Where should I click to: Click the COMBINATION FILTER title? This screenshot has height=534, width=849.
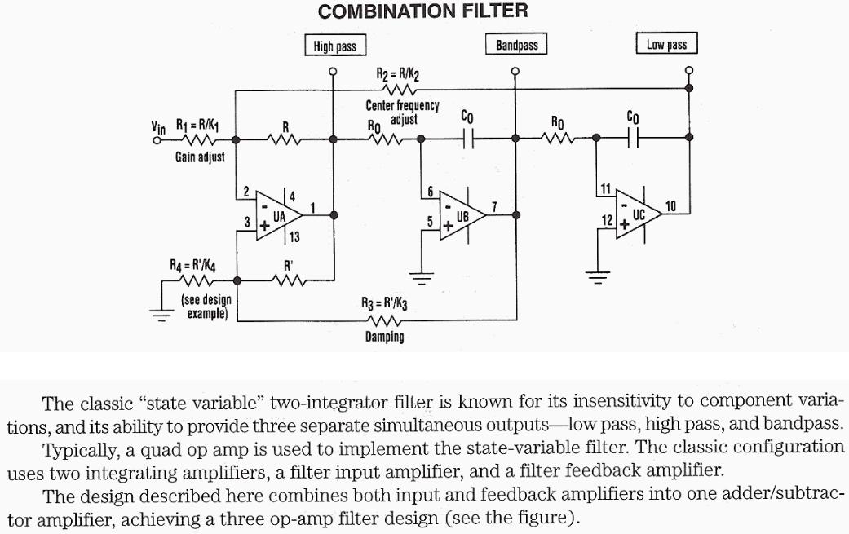[422, 11]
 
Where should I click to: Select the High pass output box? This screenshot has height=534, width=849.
[334, 46]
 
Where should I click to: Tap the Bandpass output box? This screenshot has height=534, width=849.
[516, 45]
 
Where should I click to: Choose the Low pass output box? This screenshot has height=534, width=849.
[666, 45]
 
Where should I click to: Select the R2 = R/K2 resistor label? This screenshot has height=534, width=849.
[398, 74]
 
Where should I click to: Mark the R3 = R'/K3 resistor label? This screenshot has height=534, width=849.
[383, 303]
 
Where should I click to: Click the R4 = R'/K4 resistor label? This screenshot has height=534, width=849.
[192, 265]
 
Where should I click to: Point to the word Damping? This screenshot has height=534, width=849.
[384, 337]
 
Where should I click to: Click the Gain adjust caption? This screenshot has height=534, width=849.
[200, 157]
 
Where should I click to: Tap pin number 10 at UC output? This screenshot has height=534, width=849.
[670, 206]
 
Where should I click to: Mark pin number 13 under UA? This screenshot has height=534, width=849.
[294, 237]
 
